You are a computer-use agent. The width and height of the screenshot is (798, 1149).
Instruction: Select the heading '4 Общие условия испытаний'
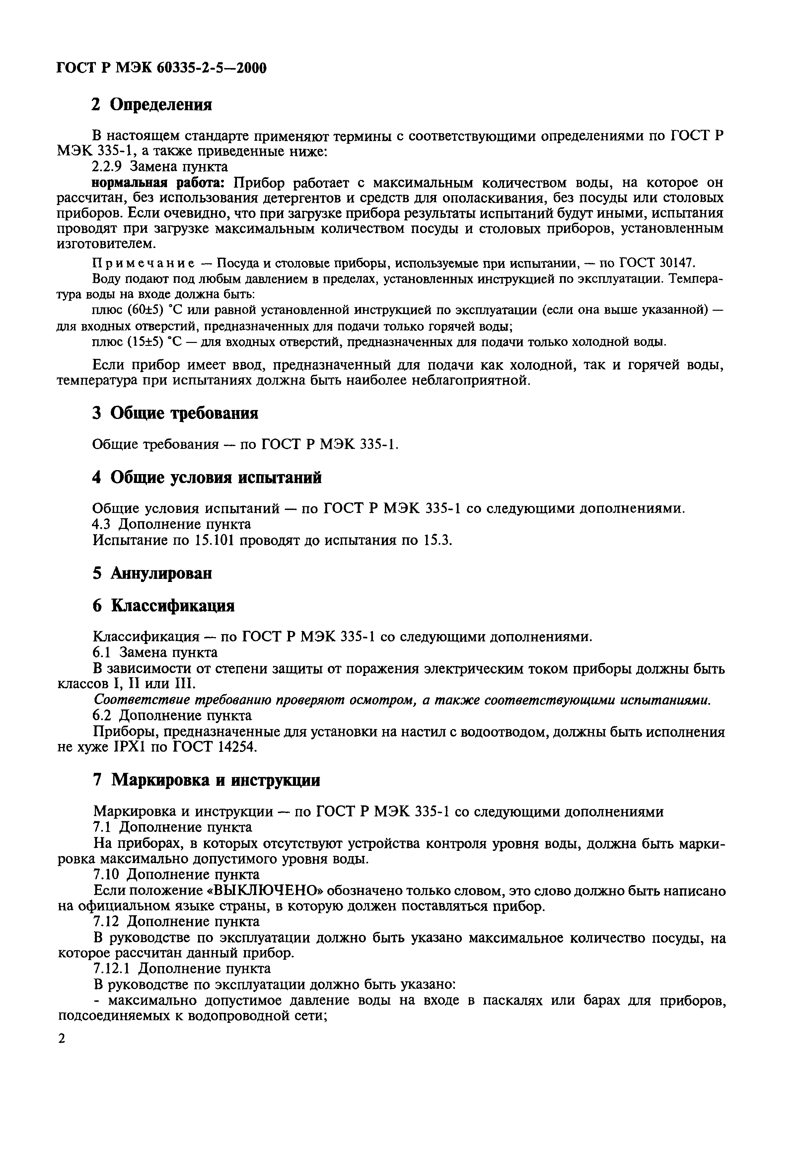point(207,478)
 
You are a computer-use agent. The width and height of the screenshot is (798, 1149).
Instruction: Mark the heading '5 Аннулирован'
point(153,573)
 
